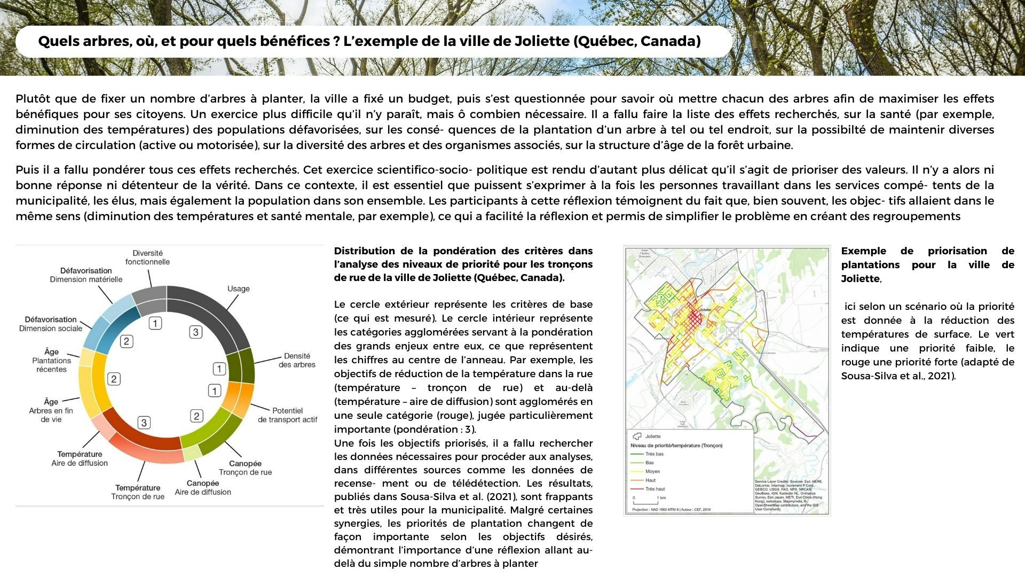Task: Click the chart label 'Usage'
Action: coord(238,288)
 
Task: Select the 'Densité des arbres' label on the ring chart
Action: coord(297,360)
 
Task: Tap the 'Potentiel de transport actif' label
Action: coord(287,415)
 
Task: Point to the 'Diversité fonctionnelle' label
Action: coord(147,258)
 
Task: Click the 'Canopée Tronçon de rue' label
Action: coord(245,467)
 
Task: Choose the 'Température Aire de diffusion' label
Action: coord(80,458)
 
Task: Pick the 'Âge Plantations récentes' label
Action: coord(51,360)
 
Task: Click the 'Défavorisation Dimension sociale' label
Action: coord(51,324)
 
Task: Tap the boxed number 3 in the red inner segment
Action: coord(144,423)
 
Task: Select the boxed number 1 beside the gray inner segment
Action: coord(155,323)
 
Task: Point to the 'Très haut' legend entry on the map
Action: coord(655,489)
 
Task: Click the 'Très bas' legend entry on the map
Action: coord(655,454)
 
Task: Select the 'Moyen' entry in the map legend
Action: coord(652,471)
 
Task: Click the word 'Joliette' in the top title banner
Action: coord(541,41)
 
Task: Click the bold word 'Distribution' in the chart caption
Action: coord(362,251)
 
